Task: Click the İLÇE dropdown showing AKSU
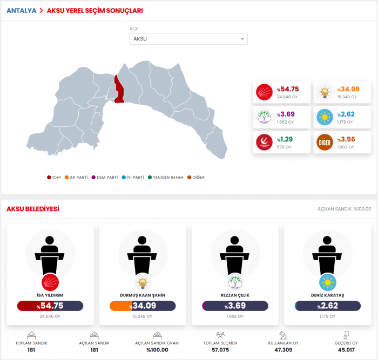(188, 39)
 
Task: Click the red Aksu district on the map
(119, 90)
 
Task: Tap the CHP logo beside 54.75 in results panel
(265, 92)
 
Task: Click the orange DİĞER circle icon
(325, 142)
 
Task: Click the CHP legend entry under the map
(55, 177)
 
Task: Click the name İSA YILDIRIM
(50, 295)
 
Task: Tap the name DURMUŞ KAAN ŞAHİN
(143, 295)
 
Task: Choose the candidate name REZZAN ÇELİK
(235, 295)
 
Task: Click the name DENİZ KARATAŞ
(328, 295)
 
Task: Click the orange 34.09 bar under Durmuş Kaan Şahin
(143, 306)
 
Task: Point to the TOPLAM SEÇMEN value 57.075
(220, 350)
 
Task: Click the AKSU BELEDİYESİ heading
(33, 209)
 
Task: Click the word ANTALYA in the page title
(21, 10)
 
